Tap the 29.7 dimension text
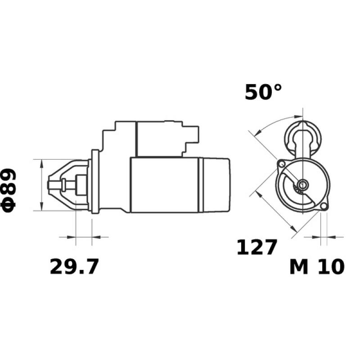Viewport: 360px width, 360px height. [x=74, y=267]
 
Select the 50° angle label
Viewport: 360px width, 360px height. [x=263, y=92]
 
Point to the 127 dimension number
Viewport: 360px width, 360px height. [x=256, y=247]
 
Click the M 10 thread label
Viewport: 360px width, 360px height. [x=317, y=267]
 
